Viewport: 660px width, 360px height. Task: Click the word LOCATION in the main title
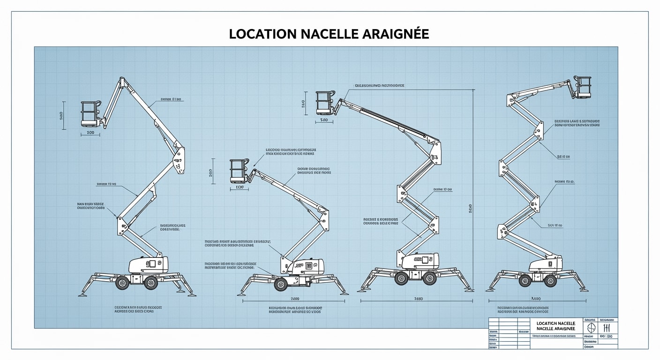pyautogui.click(x=263, y=34)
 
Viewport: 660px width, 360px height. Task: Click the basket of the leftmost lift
pyautogui.click(x=91, y=114)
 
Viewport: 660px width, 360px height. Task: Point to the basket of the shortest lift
pyautogui.click(x=239, y=171)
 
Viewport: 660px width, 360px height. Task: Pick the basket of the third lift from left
pyautogui.click(x=324, y=103)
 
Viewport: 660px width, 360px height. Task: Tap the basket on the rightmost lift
pyautogui.click(x=583, y=87)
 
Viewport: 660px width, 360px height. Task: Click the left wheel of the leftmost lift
pyautogui.click(x=123, y=283)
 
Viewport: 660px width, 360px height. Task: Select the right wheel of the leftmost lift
pyautogui.click(x=150, y=283)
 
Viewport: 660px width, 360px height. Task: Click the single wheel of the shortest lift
pyautogui.click(x=281, y=285)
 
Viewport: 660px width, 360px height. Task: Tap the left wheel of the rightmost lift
pyautogui.click(x=525, y=281)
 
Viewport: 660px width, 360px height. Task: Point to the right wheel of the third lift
pyautogui.click(x=429, y=278)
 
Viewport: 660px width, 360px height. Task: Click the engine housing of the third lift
pyautogui.click(x=420, y=261)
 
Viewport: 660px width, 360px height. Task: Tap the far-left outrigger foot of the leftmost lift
pyautogui.click(x=82, y=294)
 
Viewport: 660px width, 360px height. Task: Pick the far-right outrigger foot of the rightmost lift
pyautogui.click(x=584, y=289)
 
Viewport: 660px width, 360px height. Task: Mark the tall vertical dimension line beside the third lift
pyautogui.click(x=473, y=187)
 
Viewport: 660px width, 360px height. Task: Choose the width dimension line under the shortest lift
pyautogui.click(x=294, y=301)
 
